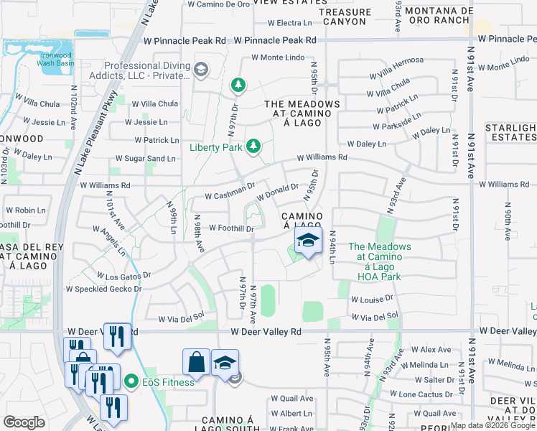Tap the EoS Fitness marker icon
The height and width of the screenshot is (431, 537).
131,381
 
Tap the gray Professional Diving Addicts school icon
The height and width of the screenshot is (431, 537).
202,70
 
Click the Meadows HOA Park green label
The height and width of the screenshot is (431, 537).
380,261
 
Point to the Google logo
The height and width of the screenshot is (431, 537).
24,422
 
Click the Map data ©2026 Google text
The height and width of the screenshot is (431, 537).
492,425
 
